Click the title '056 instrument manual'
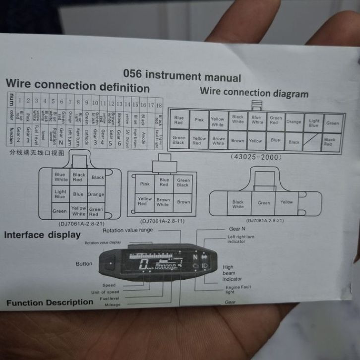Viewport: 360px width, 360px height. pos(182,76)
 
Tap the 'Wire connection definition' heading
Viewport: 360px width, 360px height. pos(77,86)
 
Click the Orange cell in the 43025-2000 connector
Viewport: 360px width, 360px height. pos(294,121)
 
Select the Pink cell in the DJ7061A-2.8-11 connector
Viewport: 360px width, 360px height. pos(145,183)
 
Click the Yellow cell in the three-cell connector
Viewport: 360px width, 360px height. pos(287,202)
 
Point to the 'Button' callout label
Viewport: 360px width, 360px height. pos(84,264)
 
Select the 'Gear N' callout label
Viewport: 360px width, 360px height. pos(237,229)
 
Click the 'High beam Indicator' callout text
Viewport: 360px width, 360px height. pos(232,273)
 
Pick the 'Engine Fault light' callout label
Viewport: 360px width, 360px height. pos(238,289)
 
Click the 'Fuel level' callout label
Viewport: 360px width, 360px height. pos(110,299)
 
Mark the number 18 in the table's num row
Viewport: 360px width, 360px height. pos(159,106)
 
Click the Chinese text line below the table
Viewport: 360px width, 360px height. pos(37,153)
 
